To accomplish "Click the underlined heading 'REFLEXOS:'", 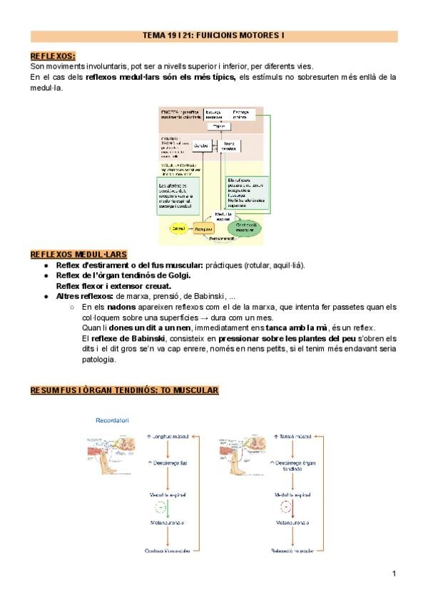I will [x=53, y=56].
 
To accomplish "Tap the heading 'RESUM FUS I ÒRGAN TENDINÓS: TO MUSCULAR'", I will [x=124, y=390].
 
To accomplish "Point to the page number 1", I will [x=394, y=573].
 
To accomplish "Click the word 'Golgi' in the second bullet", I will [x=177, y=275].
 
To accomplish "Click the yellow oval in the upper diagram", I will [x=175, y=228].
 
